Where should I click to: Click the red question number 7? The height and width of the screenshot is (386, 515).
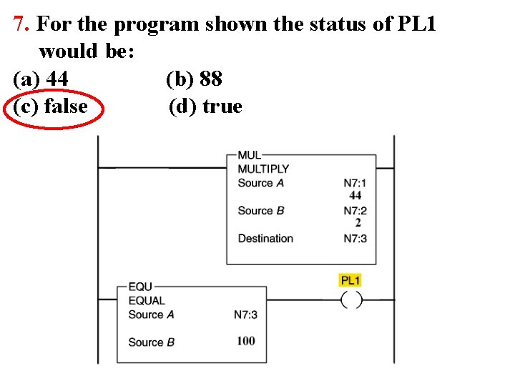tap(21, 24)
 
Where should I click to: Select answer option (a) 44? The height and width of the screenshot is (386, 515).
tap(41, 79)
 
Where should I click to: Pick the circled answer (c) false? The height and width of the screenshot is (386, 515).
tap(51, 107)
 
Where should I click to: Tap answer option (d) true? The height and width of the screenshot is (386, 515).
tap(206, 107)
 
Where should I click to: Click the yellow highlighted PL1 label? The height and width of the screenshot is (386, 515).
tap(350, 280)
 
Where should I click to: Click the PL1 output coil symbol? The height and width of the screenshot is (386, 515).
tap(351, 300)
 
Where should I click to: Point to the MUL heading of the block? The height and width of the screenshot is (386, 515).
tap(250, 155)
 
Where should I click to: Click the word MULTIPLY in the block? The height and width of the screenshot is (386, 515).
tap(263, 169)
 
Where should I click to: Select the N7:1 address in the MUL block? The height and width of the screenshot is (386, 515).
tap(355, 183)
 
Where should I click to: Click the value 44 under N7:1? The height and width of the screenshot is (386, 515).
tap(355, 195)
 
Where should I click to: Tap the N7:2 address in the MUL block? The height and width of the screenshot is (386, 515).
tap(355, 211)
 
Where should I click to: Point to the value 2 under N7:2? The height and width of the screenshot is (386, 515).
tap(358, 223)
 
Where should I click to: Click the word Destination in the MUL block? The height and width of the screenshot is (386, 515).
tap(265, 239)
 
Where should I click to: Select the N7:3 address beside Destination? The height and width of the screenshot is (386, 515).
tap(355, 239)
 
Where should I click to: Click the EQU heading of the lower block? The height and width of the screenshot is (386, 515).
tap(140, 287)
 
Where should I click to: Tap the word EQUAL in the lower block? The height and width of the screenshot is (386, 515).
tap(147, 301)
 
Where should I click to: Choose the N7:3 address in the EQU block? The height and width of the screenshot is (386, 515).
tap(245, 315)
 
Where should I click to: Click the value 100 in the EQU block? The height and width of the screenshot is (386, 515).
tap(245, 341)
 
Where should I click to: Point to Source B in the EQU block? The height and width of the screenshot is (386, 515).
tap(151, 342)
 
